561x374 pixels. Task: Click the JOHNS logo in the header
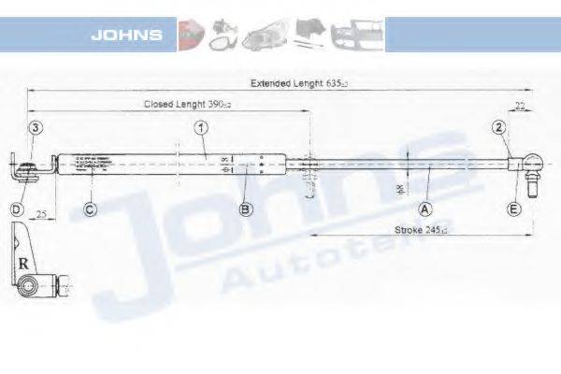point(127,36)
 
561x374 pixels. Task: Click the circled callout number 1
point(200,127)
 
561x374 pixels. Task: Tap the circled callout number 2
point(499,127)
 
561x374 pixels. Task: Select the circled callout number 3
point(35,127)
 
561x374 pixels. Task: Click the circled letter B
point(245,209)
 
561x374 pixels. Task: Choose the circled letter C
point(90,209)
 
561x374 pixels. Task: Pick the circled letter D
point(17,209)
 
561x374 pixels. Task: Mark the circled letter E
point(513,209)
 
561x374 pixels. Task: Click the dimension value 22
point(518,105)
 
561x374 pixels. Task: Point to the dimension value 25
point(42,215)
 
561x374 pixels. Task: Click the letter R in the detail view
point(22,264)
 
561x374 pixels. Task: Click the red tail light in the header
point(191,34)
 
